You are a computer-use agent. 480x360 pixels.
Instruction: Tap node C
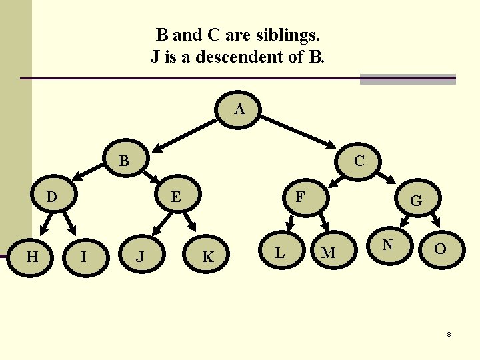[x=359, y=161]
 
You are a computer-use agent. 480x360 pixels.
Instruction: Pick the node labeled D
[x=51, y=197]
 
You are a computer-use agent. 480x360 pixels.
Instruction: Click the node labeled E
[x=175, y=197]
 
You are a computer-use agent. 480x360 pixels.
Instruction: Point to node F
[x=301, y=197]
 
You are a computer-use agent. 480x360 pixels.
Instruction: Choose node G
[x=415, y=200]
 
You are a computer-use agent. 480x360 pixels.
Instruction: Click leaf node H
[x=31, y=254]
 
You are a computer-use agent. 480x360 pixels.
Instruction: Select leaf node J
[x=140, y=256]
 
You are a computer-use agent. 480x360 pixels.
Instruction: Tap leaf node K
[x=208, y=256]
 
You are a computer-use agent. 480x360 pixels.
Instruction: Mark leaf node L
[x=280, y=252]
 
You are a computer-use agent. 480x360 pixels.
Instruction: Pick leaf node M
[x=328, y=253]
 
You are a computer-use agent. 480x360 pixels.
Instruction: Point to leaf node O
[x=440, y=249]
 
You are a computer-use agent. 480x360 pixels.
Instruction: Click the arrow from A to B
[x=187, y=133]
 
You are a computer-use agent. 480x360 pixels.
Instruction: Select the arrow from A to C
[x=297, y=133]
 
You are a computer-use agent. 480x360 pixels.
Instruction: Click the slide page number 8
[x=449, y=334]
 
